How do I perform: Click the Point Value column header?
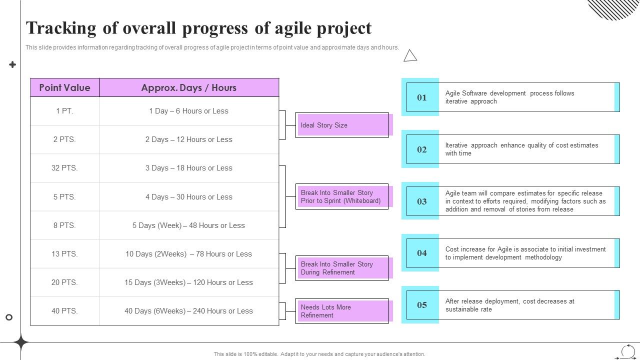tap(64, 87)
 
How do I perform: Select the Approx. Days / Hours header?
tap(188, 87)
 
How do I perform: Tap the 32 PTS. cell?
tap(64, 168)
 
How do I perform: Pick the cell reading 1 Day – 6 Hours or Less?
tap(188, 111)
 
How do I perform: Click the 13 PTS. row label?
tap(64, 254)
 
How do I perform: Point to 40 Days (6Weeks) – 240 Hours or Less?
tap(188, 311)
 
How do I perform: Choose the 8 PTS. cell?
tap(64, 225)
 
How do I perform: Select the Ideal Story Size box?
tap(342, 125)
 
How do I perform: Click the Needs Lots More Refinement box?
tap(342, 311)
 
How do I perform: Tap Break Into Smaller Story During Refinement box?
tap(342, 268)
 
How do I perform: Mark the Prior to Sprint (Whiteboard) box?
tap(342, 196)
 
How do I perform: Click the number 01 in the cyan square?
tap(422, 97)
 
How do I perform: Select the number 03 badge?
tap(422, 201)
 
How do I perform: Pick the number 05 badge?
tap(422, 305)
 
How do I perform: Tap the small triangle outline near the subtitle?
tap(410, 56)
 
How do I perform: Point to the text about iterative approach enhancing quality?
tap(521, 149)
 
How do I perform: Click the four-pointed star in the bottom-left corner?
tap(21, 343)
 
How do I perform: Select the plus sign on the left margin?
tap(12, 64)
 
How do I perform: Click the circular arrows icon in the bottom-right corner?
tap(628, 351)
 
